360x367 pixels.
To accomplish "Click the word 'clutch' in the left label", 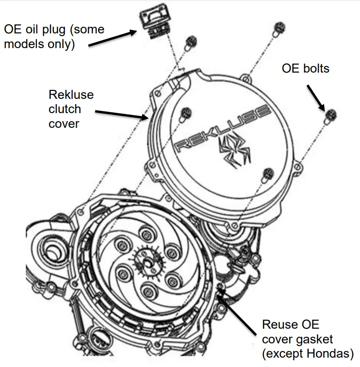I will [65, 109].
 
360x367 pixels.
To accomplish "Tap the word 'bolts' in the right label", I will [315, 68].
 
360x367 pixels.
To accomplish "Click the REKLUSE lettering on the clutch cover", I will [222, 129].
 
